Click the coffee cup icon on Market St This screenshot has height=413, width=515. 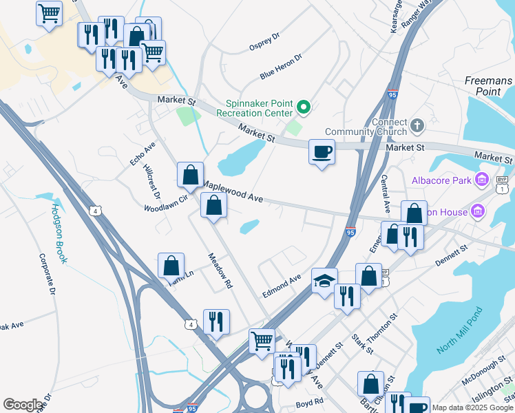(321, 151)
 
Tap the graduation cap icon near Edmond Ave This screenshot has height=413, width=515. (324, 281)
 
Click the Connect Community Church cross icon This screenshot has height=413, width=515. (417, 126)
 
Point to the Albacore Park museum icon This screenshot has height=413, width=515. (482, 181)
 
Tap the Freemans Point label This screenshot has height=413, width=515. (488, 86)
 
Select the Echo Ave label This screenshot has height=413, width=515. (143, 153)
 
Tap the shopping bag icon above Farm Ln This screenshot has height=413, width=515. (171, 265)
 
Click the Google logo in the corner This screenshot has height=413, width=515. (23, 405)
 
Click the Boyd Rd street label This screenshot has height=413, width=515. (309, 402)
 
